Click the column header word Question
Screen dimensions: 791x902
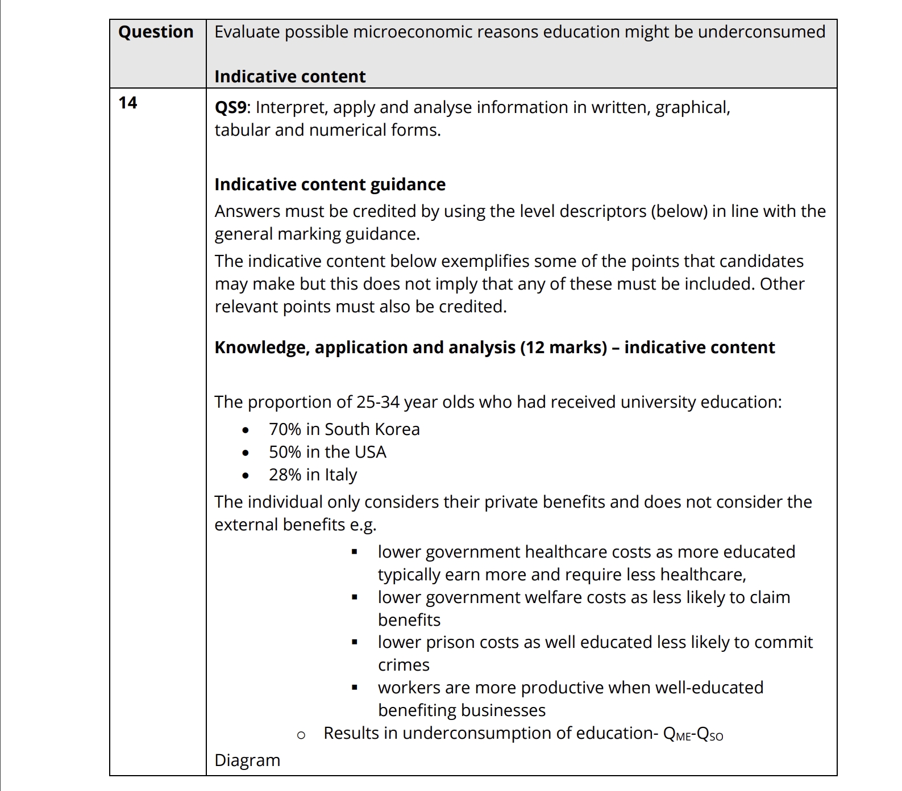click(156, 32)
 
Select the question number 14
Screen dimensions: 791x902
click(128, 103)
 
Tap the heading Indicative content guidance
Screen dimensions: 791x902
click(330, 185)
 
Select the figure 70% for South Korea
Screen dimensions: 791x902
click(285, 429)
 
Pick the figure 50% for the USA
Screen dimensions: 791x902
click(285, 452)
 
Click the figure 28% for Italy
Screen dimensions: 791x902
click(285, 475)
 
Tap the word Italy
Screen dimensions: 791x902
click(341, 475)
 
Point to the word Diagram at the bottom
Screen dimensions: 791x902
click(247, 760)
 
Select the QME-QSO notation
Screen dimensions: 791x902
click(693, 734)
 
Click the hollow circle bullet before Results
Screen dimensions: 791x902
click(301, 735)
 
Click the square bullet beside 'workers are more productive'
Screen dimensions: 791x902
click(355, 688)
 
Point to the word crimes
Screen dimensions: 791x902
click(404, 665)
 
